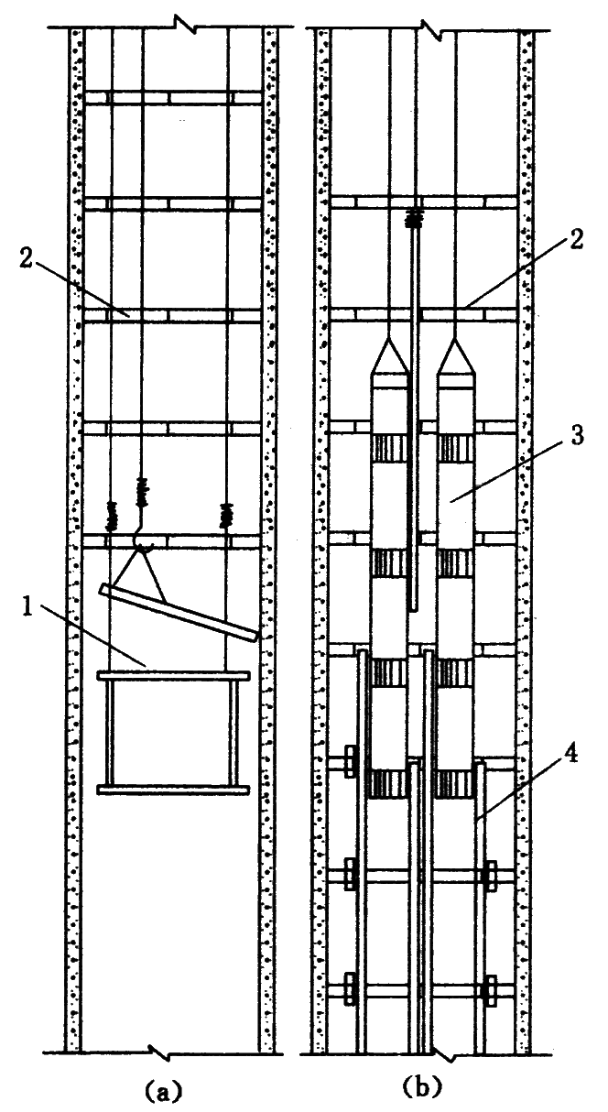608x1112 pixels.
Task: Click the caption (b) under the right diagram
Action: coord(422,1088)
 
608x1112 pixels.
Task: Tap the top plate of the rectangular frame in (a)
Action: coord(173,676)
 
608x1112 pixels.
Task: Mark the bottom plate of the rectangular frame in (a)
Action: coord(173,789)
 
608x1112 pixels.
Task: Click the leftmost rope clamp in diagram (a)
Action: coord(113,516)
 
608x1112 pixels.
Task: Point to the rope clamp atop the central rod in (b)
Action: coord(418,219)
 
